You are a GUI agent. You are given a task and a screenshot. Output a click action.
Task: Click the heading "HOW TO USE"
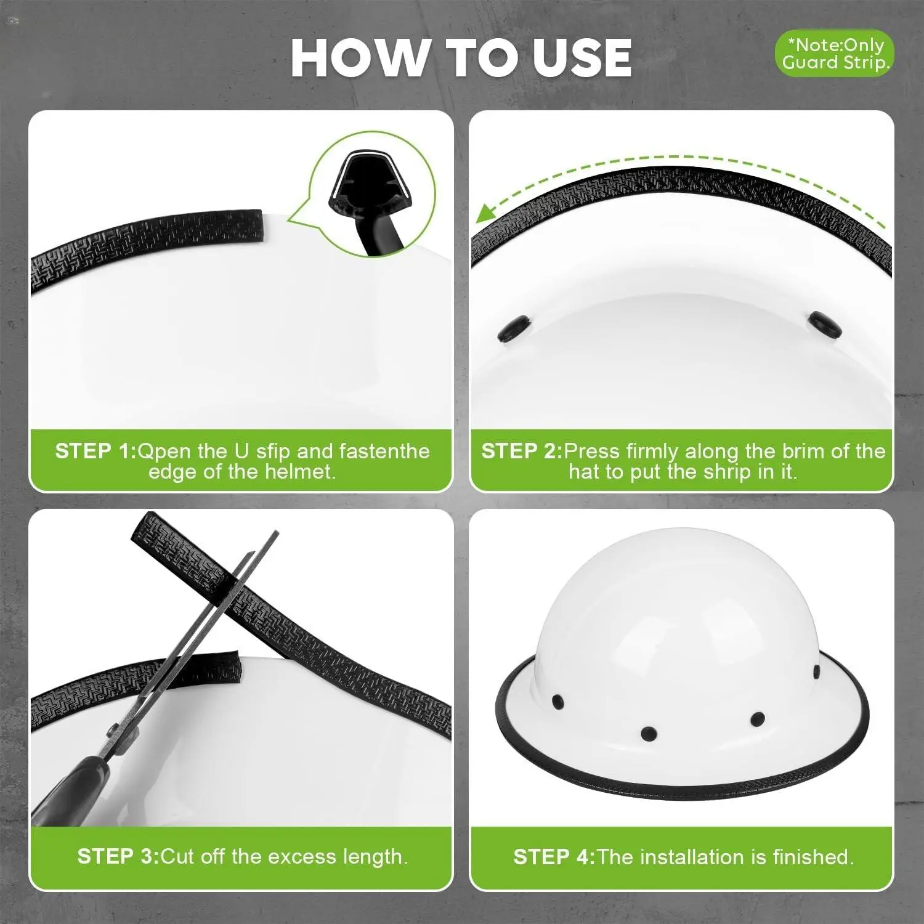pos(461,57)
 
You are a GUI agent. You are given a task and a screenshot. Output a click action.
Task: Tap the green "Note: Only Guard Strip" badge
pos(834,54)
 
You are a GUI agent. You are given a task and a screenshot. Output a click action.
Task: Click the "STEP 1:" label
pos(95,451)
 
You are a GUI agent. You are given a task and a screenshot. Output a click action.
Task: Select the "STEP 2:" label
pos(522,451)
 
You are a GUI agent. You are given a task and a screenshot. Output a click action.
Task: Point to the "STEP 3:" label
pos(118,856)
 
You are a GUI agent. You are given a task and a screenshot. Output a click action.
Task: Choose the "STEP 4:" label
pos(554,856)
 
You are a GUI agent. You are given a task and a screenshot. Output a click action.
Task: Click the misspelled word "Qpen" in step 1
pos(164,452)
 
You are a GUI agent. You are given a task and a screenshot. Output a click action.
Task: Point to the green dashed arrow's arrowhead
pos(487,213)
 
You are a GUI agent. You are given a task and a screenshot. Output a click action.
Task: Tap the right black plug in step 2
pos(825,325)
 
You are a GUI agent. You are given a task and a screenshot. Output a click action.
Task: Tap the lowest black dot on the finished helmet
pos(649,734)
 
